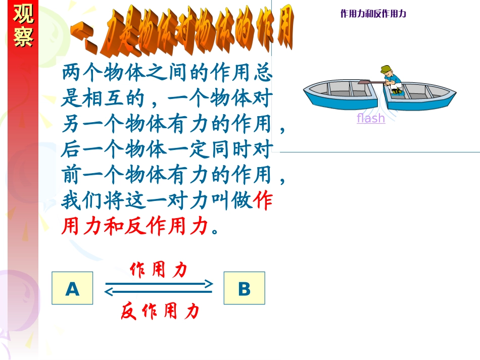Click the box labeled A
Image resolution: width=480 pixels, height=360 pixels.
pyautogui.click(x=72, y=288)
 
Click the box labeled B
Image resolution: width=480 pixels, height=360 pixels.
pyautogui.click(x=244, y=288)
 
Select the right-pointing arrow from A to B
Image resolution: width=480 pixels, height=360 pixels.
pyautogui.click(x=159, y=283)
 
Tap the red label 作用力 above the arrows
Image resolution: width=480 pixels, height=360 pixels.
pyautogui.click(x=159, y=270)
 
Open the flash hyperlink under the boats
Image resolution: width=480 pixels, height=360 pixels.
pyautogui.click(x=371, y=118)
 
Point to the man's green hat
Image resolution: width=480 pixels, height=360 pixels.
pyautogui.click(x=387, y=69)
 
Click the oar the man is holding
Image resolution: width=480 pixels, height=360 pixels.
pyautogui.click(x=371, y=81)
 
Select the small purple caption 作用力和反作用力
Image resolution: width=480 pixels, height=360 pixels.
pyautogui.click(x=373, y=14)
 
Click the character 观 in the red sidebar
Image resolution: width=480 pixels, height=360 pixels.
pyautogui.click(x=23, y=15)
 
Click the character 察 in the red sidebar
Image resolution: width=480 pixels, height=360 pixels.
pyautogui.click(x=23, y=37)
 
